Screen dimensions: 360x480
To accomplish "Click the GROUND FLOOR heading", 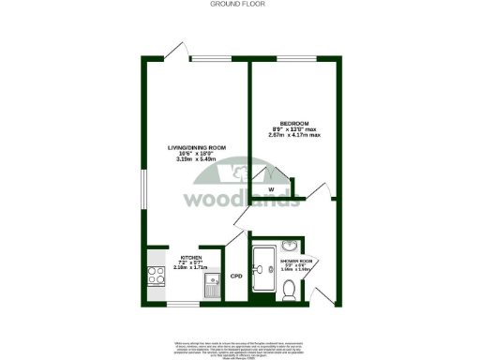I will (240, 5).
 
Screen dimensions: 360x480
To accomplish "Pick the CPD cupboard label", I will (237, 277).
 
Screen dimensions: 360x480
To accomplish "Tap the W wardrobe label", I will (270, 189).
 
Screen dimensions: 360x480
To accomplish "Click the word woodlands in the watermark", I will (240, 200).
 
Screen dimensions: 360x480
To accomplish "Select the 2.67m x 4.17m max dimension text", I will (294, 135).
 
